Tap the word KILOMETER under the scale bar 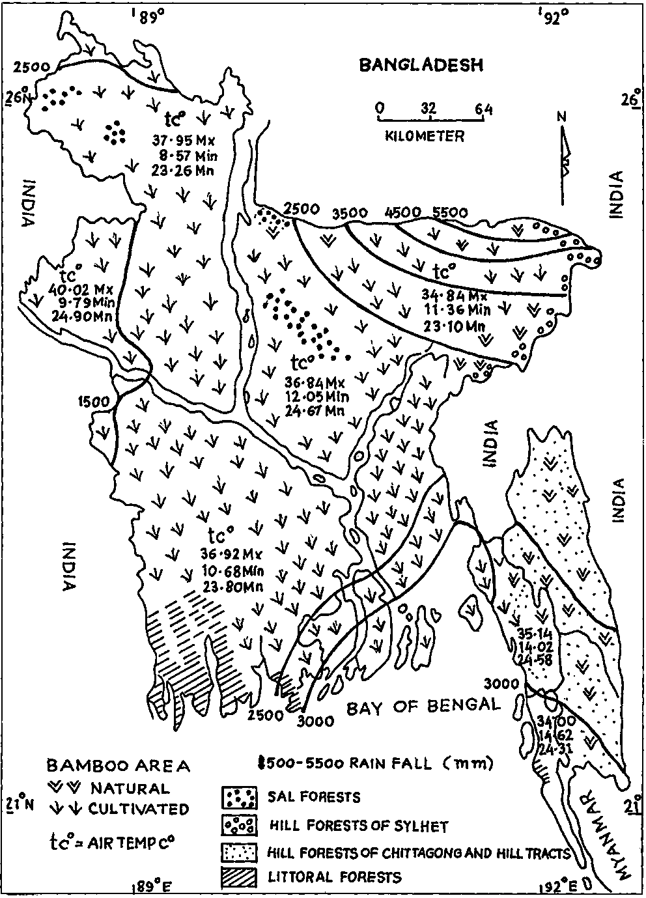point(424,137)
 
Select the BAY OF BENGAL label point(423,706)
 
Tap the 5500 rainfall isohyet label point(450,213)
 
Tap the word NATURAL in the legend point(130,788)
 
